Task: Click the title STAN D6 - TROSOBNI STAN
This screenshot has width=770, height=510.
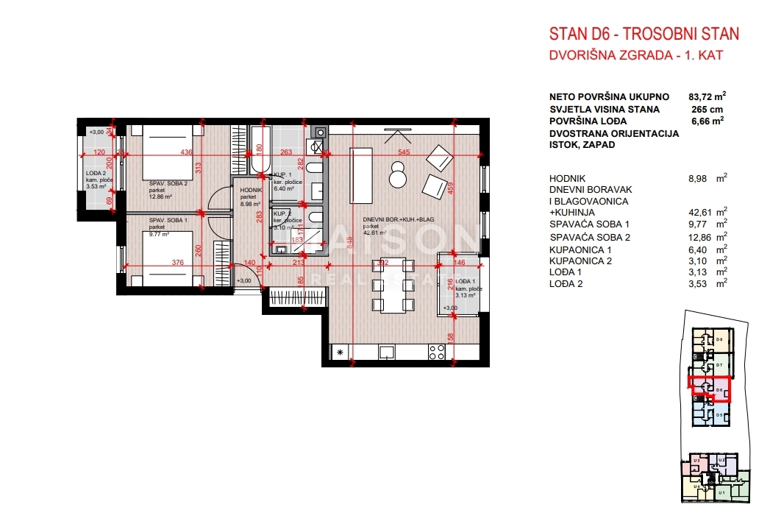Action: (x=644, y=34)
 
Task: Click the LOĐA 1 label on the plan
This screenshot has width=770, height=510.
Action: (x=464, y=283)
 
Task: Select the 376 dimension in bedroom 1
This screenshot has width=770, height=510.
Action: (x=177, y=263)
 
